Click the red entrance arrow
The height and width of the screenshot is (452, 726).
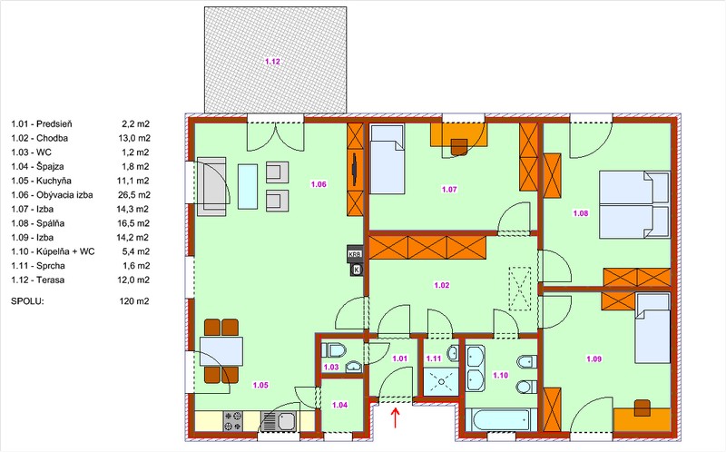[396, 418]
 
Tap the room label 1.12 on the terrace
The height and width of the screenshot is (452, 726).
[273, 61]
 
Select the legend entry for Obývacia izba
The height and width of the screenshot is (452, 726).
[52, 195]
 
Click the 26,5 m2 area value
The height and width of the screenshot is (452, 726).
[133, 195]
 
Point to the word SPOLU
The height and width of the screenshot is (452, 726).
[27, 301]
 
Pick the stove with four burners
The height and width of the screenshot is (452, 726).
[233, 421]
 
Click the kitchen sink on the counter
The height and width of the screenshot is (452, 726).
[279, 421]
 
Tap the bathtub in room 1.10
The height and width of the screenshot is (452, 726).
[501, 419]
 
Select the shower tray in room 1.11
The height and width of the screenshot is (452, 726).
[441, 381]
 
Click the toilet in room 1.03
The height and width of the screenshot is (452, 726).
[334, 349]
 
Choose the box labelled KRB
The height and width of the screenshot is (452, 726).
[355, 254]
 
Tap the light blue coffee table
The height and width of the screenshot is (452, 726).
[248, 187]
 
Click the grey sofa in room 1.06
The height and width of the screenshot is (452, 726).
[211, 187]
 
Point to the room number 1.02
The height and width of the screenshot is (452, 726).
[442, 285]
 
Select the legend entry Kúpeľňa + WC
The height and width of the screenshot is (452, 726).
[53, 251]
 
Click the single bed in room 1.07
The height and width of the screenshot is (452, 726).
[388, 159]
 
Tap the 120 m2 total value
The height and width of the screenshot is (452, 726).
[134, 301]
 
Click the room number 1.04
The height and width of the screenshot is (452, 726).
[339, 405]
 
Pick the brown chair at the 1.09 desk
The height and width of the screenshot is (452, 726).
[643, 408]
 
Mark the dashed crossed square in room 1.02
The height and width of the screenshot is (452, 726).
[520, 288]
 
